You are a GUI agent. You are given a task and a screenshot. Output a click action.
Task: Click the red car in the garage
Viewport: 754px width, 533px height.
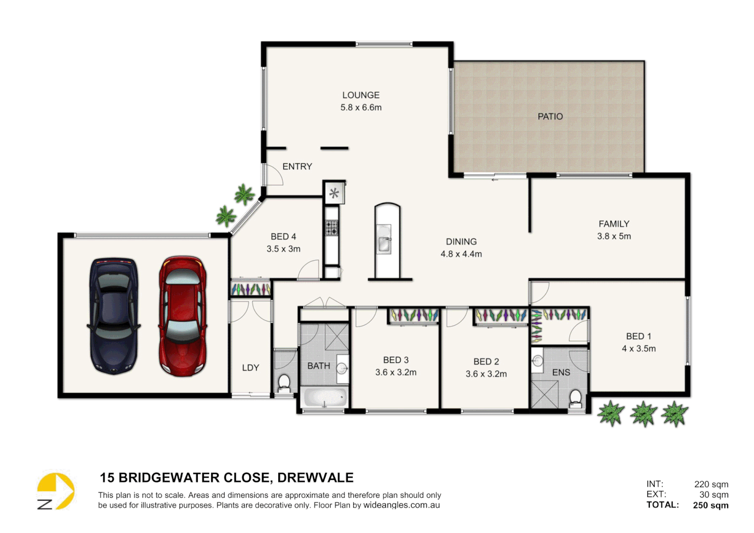[x=183, y=316]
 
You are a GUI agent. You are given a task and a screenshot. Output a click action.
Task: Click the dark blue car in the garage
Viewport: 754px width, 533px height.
[x=114, y=316]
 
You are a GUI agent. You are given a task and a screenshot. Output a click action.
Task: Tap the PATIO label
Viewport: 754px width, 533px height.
[x=550, y=116]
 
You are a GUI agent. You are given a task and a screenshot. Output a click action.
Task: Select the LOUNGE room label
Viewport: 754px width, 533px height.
[x=361, y=95]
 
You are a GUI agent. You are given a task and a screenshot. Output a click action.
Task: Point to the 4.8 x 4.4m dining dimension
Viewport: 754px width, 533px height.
[x=461, y=254]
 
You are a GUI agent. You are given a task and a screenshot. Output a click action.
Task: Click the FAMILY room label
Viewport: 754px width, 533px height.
[x=614, y=224]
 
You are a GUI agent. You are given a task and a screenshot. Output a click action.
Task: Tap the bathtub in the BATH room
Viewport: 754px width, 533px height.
[x=324, y=397]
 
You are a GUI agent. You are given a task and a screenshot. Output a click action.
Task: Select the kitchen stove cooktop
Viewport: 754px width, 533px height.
[x=332, y=228]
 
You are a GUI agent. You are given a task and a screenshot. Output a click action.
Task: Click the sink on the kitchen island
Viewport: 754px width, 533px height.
[x=384, y=243]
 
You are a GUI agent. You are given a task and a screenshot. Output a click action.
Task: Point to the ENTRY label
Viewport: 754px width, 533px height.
[x=297, y=167]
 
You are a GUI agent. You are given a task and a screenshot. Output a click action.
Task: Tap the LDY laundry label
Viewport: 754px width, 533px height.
[x=250, y=368]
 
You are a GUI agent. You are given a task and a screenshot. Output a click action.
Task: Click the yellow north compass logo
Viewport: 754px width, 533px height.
[x=55, y=491]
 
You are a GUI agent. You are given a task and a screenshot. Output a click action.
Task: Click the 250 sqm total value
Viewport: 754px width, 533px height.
[x=710, y=505]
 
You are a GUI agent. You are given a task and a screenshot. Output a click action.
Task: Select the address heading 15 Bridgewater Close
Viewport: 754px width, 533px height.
[x=226, y=478]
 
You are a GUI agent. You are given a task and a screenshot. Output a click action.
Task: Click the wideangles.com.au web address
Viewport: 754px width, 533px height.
[x=401, y=505]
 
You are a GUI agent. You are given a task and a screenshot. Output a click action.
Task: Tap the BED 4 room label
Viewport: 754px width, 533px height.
[x=283, y=237]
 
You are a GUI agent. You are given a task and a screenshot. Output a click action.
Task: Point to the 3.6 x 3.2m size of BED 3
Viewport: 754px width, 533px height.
[x=396, y=373]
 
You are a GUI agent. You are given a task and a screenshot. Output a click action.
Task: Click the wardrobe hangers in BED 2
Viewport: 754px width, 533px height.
[x=500, y=315]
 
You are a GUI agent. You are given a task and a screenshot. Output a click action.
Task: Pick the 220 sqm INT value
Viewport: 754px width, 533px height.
[x=711, y=485]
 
